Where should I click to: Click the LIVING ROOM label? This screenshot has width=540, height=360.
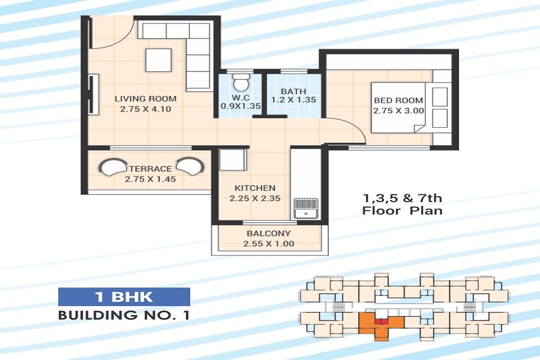(x=146, y=98)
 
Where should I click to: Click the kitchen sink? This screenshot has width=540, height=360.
(x=306, y=207)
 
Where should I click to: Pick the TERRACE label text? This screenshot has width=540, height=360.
(x=150, y=169)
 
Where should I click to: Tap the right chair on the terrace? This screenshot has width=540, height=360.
(x=191, y=166)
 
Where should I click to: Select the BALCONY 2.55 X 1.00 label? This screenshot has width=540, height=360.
(x=268, y=238)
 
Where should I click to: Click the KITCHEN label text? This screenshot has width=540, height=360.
(x=255, y=188)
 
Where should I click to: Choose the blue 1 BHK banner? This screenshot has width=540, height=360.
(x=124, y=296)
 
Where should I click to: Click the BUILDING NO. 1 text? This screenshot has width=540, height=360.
(x=124, y=315)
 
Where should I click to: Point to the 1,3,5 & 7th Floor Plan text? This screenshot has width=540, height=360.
(x=403, y=204)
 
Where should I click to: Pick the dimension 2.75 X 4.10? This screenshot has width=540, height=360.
(x=146, y=109)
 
